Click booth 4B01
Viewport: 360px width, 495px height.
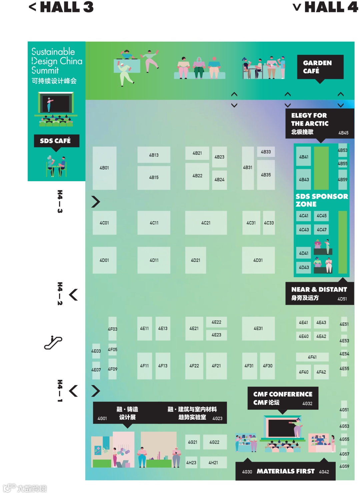(x=104, y=168)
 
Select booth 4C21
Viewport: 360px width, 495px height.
(x=206, y=223)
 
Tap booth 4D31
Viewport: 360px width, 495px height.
(x=258, y=260)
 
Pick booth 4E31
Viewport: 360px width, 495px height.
(x=258, y=328)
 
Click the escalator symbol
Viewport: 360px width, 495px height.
(x=53, y=342)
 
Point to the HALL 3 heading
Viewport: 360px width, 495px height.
(x=62, y=7)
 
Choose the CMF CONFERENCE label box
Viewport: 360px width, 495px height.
(x=283, y=398)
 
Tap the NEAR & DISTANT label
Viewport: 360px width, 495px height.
(x=319, y=293)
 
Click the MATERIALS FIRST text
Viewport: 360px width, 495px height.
(x=286, y=471)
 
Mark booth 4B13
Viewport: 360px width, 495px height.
(x=154, y=155)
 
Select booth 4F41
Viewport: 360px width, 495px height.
(x=312, y=357)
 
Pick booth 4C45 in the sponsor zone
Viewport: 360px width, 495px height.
(x=322, y=216)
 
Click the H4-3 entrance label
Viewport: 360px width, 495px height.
(x=60, y=202)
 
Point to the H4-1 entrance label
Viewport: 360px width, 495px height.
(x=60, y=391)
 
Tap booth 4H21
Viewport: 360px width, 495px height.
(x=213, y=463)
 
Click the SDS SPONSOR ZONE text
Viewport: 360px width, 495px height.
(x=321, y=200)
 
